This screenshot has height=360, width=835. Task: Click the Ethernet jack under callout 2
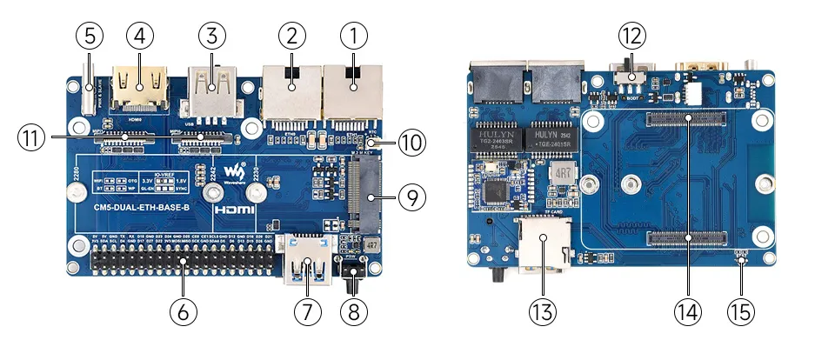(291, 91)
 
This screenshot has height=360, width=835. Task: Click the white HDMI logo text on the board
(237, 210)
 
